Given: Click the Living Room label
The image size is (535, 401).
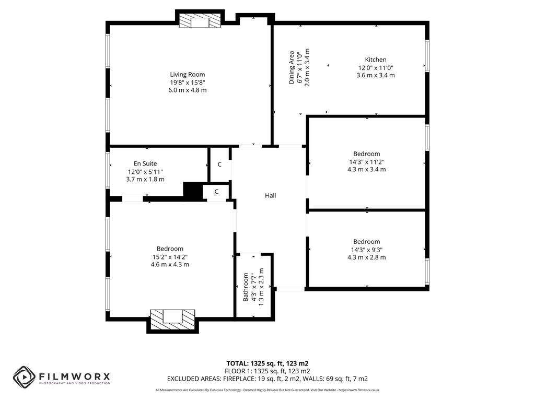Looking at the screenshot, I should click(187, 74).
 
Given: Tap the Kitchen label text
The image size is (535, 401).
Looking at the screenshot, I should click(375, 60).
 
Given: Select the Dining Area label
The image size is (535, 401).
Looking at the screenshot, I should click(292, 68).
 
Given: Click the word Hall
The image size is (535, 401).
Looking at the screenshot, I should click(270, 195).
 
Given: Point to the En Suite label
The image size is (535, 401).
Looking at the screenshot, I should click(145, 163).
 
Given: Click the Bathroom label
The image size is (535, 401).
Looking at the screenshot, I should click(246, 287).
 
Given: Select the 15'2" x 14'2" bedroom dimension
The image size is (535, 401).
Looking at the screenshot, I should click(170, 256).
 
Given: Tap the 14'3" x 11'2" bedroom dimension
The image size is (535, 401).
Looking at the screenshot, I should click(366, 161).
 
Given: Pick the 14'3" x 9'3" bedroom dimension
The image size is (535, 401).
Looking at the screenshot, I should click(366, 249).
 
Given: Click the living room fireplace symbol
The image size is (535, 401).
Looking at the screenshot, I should click(199, 21).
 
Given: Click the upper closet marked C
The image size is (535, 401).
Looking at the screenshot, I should click(219, 164).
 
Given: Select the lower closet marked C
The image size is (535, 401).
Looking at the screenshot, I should click(216, 192).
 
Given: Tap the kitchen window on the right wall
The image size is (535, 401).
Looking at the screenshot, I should click(427, 56).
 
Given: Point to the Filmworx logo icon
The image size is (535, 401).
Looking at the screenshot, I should click(24, 376).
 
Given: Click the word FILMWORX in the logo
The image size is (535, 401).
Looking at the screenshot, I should click(73, 375).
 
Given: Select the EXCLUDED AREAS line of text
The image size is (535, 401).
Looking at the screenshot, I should click(267, 379).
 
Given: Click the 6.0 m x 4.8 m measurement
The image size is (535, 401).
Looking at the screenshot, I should click(187, 90).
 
